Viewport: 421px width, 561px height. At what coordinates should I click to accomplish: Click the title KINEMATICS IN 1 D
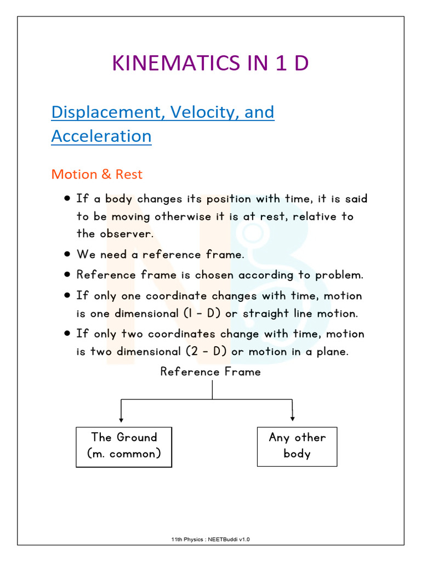(210, 64)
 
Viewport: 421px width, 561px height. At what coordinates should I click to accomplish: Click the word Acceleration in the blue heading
(101, 136)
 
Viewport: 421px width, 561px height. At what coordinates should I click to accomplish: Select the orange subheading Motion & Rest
(96, 174)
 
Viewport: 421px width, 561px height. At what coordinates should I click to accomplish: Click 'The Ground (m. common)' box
(124, 445)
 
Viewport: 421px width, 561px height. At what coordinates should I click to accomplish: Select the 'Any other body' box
(297, 445)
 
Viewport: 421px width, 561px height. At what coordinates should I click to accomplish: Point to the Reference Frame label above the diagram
(210, 372)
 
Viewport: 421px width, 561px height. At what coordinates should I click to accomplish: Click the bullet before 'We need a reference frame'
(66, 255)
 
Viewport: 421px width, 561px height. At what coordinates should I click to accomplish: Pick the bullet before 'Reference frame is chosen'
(66, 274)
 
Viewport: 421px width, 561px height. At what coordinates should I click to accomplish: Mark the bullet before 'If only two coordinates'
(66, 333)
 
